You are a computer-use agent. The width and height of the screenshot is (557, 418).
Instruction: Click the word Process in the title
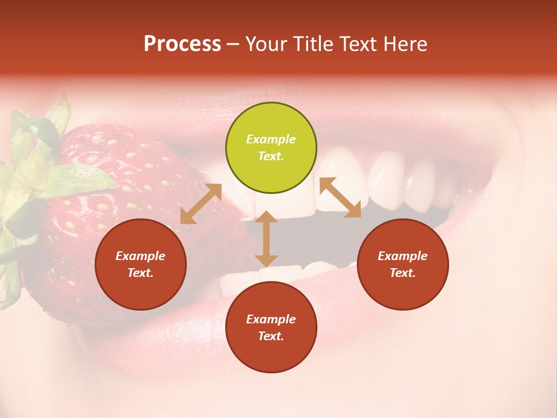pyautogui.click(x=182, y=44)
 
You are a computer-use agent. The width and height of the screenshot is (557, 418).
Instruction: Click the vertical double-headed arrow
pyautogui.click(x=266, y=239)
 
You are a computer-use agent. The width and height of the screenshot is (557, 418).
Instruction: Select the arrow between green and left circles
pyautogui.click(x=201, y=204)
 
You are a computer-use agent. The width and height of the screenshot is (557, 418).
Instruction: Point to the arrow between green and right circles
pyautogui.click(x=340, y=197)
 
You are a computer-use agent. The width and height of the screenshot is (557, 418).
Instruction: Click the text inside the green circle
pyautogui.click(x=271, y=147)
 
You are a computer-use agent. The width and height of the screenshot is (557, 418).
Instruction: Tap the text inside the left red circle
pyautogui.click(x=140, y=264)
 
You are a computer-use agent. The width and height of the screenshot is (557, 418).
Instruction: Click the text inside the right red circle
pyautogui.click(x=403, y=264)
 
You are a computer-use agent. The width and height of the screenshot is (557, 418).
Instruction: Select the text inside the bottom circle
pyautogui.click(x=271, y=327)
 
